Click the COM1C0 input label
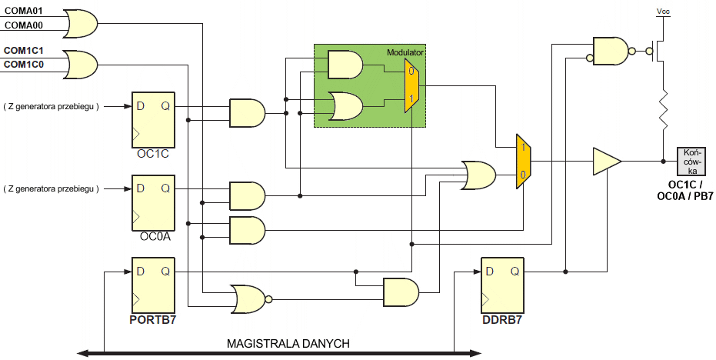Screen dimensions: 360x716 click(24, 65)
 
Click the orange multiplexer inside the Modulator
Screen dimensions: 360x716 click(412, 86)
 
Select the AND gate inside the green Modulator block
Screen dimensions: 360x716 click(345, 65)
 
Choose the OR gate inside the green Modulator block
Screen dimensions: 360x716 click(345, 106)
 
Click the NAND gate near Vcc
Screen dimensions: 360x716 click(611, 51)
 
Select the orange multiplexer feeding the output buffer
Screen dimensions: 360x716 click(523, 161)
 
